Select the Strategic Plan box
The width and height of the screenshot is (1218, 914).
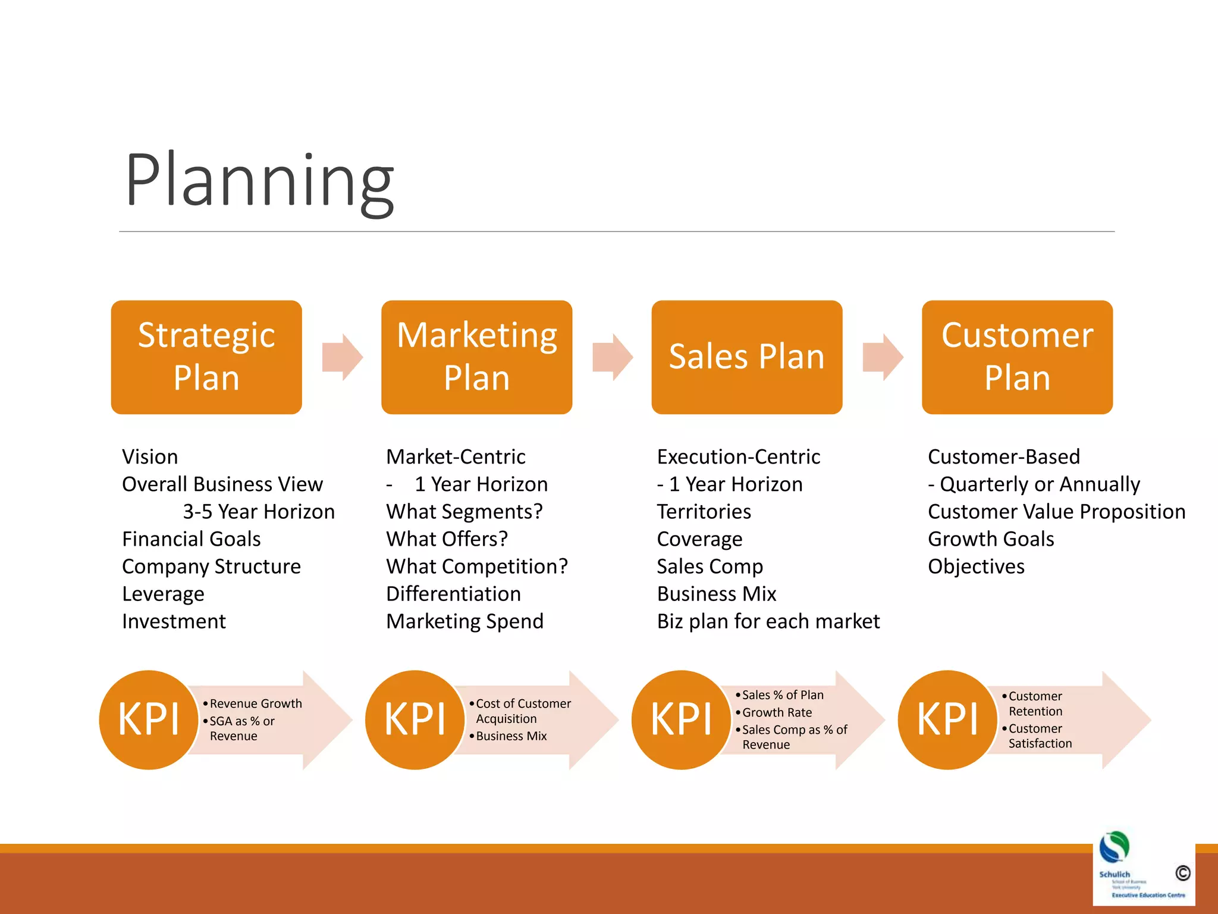(206, 357)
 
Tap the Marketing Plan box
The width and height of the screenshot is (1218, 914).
(476, 357)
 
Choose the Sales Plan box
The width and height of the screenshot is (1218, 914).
(746, 357)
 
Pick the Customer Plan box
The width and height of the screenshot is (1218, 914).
(1017, 357)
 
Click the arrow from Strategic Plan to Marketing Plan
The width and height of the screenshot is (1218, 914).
(342, 357)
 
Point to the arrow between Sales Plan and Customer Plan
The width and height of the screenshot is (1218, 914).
(883, 357)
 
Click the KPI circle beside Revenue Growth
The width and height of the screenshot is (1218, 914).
(149, 719)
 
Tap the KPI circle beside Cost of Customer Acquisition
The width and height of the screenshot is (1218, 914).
(415, 719)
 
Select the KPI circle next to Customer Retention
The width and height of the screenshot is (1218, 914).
(947, 719)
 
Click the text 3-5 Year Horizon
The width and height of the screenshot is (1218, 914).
(259, 512)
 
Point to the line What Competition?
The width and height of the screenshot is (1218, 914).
(477, 566)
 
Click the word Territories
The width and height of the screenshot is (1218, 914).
(704, 512)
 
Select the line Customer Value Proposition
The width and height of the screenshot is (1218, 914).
(1056, 512)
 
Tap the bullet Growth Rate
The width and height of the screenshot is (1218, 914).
(777, 712)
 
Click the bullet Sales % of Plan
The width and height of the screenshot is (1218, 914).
(783, 695)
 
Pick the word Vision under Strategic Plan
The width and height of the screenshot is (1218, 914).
(150, 457)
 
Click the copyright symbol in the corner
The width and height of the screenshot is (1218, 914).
(1182, 873)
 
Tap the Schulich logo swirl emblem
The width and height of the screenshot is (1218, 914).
(1114, 847)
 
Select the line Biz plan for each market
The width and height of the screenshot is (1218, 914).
(768, 621)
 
